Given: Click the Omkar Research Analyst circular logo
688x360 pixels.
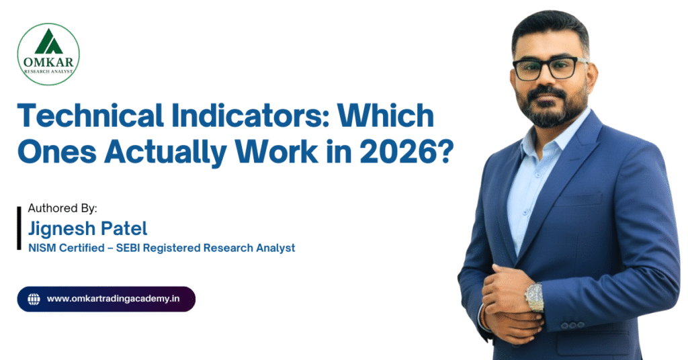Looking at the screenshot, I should pos(48,54).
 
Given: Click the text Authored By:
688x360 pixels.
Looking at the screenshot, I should pos(62,208).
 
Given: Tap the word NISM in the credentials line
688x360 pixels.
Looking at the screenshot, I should pos(42,248).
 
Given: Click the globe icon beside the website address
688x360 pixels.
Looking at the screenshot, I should pos(34,298).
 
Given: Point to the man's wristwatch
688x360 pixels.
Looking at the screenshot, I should pos(534,296).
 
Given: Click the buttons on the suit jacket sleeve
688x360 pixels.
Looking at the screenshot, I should pos(572,324).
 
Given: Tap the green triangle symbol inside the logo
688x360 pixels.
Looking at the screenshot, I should pos(48,42).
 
